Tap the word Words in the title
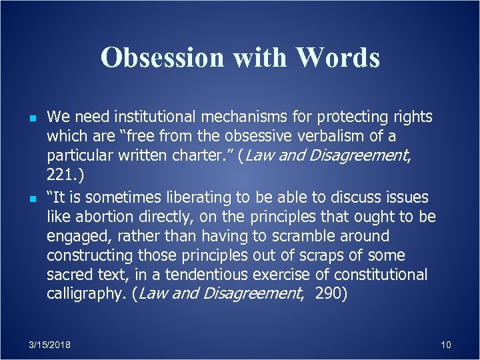[x=339, y=58]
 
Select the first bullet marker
[x=24, y=119]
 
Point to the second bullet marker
[x=24, y=198]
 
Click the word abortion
[x=105, y=217]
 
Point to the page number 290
[x=328, y=295]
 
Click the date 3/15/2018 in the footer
[x=50, y=345]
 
